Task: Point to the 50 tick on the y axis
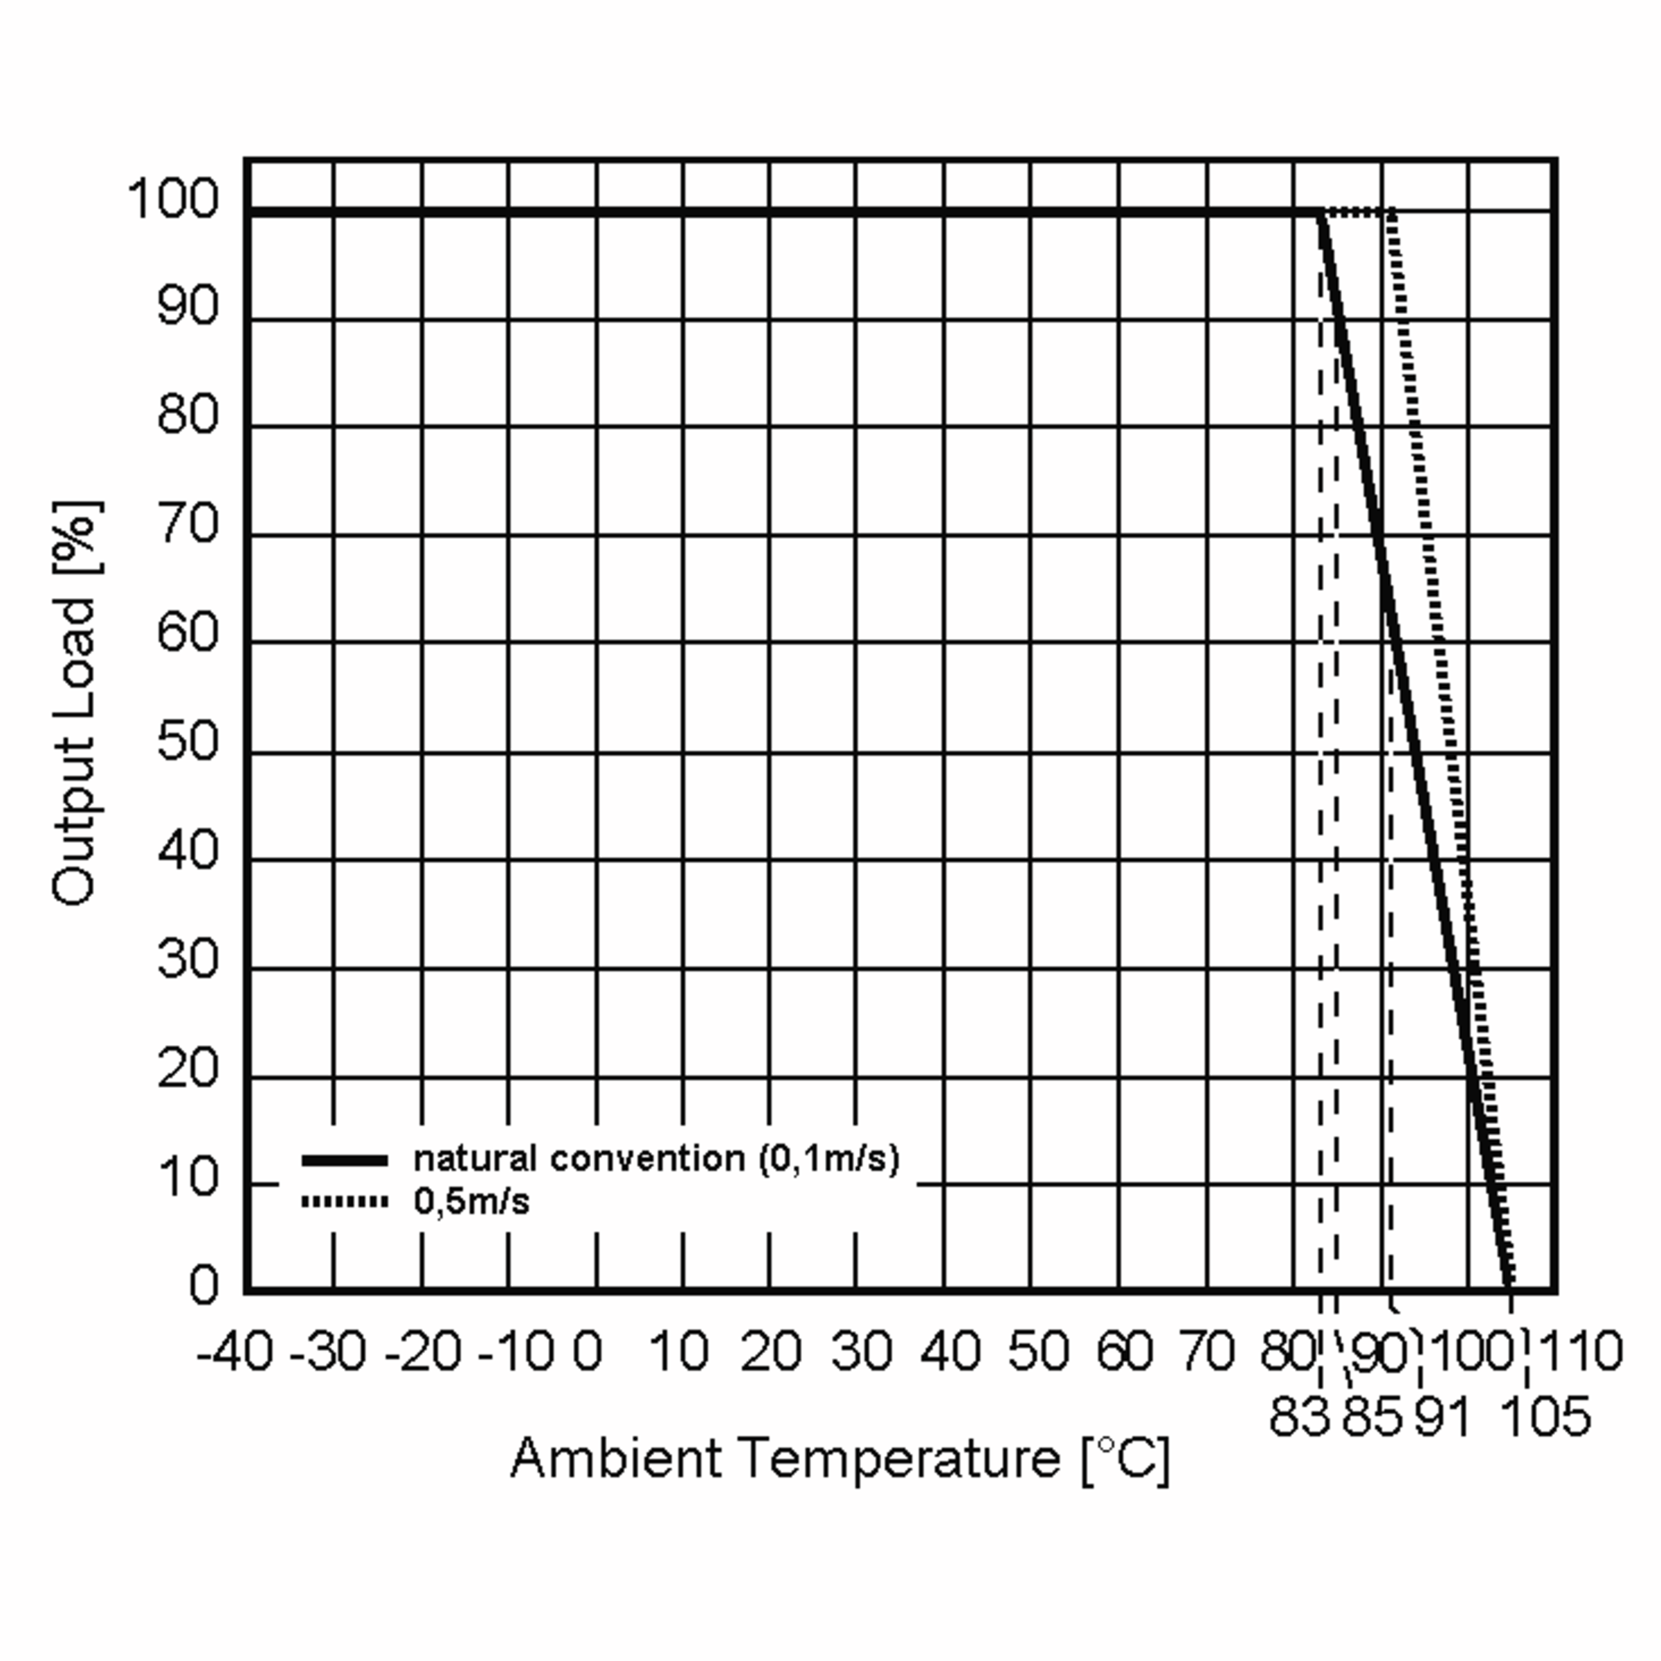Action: coord(188,741)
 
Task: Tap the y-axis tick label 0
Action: coord(203,1285)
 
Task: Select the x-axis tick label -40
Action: coord(235,1351)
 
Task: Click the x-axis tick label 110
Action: coord(1579,1351)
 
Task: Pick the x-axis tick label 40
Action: coord(950,1351)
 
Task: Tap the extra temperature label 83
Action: coord(1300,1416)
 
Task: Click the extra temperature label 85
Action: coord(1373,1416)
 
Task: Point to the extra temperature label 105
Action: coord(1545,1416)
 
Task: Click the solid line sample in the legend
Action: coord(345,1161)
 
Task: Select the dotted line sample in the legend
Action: coord(345,1201)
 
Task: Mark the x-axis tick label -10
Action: coord(515,1351)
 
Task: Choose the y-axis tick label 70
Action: coord(188,524)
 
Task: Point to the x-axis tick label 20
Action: coord(770,1351)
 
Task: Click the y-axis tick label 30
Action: coord(188,959)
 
